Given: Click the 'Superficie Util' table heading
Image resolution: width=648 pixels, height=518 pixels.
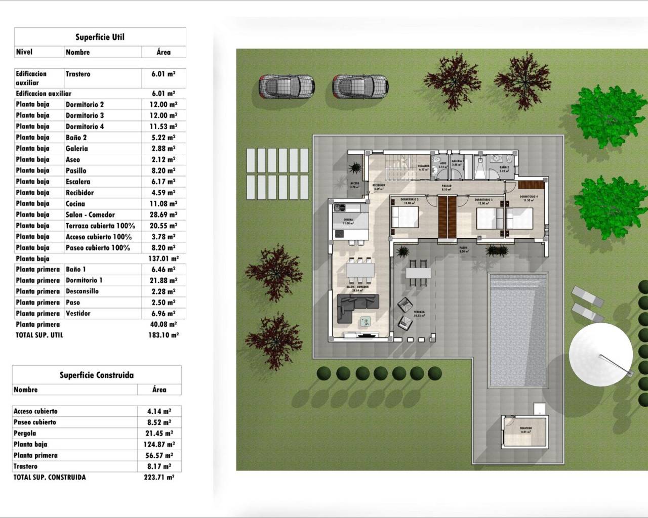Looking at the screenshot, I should click(x=100, y=37).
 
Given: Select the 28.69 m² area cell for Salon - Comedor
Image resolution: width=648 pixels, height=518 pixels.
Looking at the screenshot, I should click(x=164, y=214).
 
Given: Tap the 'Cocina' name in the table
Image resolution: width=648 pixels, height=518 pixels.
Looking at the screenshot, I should click(x=75, y=203).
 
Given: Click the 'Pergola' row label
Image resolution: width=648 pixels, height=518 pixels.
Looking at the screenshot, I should click(x=25, y=433).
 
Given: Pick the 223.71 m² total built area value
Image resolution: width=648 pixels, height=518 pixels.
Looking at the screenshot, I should click(x=159, y=477).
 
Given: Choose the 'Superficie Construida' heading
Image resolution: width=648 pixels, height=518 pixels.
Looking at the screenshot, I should click(x=97, y=375).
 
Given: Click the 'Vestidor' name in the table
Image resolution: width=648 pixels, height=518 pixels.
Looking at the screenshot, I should click(x=78, y=313).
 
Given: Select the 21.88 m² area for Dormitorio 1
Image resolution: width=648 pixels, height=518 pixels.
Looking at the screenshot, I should click(x=164, y=280).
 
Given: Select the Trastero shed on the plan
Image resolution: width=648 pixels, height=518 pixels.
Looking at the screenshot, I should click(x=525, y=431).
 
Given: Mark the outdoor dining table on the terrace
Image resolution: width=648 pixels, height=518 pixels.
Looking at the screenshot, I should click(x=418, y=273).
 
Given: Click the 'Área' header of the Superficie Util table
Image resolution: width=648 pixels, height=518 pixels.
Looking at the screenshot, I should click(x=164, y=52).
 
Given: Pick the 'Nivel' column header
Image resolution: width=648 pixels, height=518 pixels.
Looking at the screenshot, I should click(x=24, y=52).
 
